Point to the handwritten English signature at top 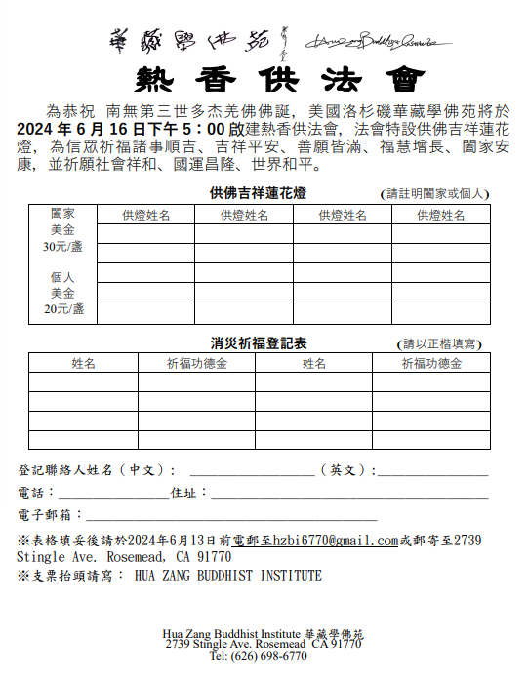point(376,41)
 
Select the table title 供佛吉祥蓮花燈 point(258,192)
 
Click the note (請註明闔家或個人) point(435,194)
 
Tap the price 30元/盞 point(62,247)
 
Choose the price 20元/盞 point(62,309)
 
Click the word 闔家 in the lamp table point(62,214)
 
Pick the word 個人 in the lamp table point(62,277)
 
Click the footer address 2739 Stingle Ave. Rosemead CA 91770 point(264,645)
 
